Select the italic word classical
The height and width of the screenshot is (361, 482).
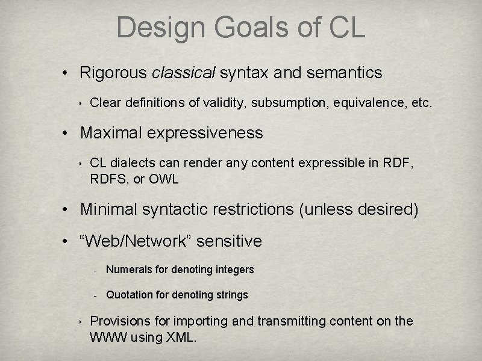(184, 73)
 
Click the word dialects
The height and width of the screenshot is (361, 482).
(130, 163)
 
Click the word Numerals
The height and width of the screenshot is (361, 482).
(128, 270)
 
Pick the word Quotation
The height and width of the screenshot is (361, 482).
(130, 295)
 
